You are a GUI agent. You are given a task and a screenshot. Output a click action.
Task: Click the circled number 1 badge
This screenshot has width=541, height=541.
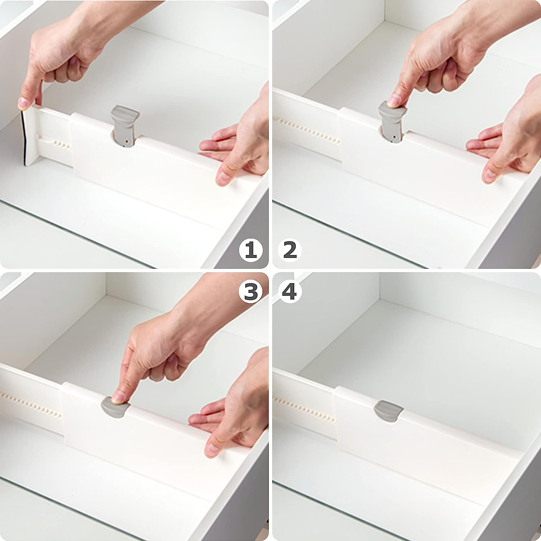(251, 250)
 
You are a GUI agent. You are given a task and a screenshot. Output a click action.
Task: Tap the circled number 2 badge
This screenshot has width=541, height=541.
(290, 250)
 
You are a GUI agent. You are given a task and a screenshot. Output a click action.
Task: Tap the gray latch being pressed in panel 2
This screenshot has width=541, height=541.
(392, 119)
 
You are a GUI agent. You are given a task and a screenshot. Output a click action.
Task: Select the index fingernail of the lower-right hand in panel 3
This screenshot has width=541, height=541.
(212, 449)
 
